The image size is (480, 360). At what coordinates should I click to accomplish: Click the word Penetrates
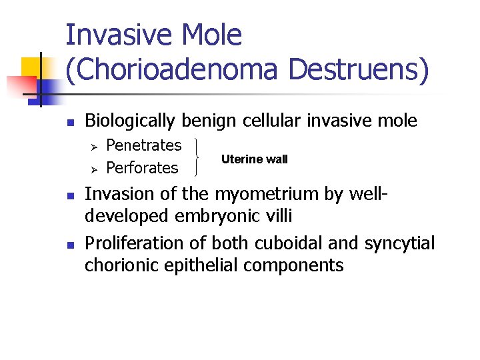pyautogui.click(x=143, y=145)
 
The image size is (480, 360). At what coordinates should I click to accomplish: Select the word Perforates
pyautogui.click(x=142, y=168)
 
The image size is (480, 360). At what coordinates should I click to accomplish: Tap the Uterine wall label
pyautogui.click(x=254, y=159)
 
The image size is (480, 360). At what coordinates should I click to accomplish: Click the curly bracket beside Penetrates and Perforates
pyautogui.click(x=199, y=157)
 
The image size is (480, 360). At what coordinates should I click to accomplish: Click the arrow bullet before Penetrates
pyautogui.click(x=94, y=146)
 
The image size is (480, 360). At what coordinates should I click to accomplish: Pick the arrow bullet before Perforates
pyautogui.click(x=94, y=169)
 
